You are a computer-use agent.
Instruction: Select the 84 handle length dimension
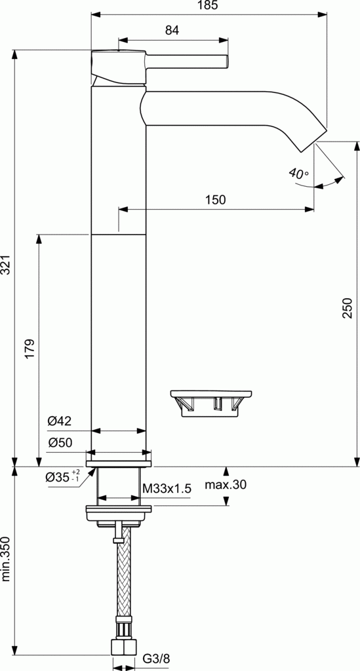click(x=172, y=30)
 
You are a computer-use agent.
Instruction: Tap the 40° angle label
click(x=298, y=174)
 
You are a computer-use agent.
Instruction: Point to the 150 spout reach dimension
click(x=215, y=200)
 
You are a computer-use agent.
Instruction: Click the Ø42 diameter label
click(x=59, y=421)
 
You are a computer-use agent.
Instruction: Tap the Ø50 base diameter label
click(x=59, y=442)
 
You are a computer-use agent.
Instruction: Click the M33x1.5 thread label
click(x=167, y=488)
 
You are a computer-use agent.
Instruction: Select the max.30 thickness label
click(x=226, y=486)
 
